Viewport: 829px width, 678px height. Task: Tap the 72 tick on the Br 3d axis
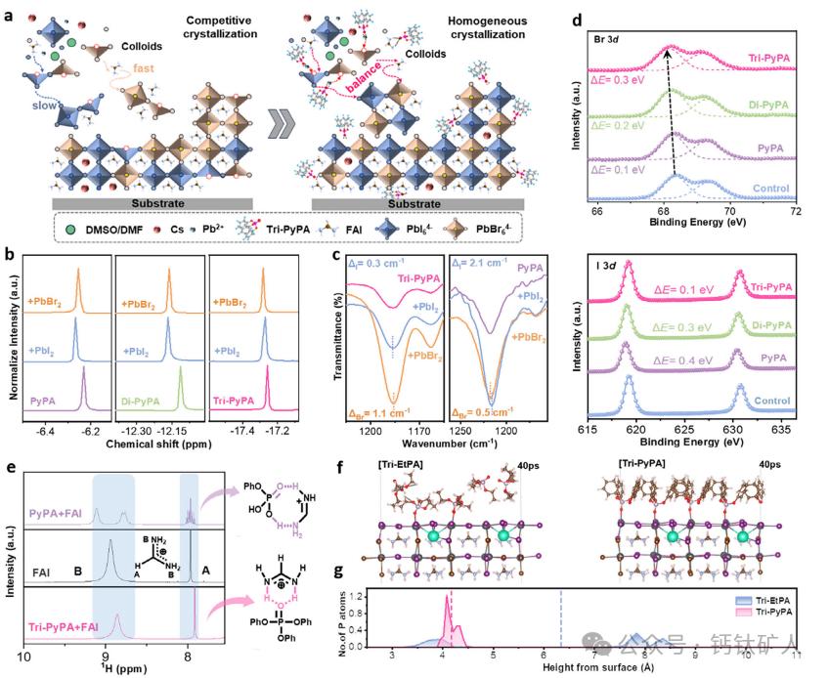pyautogui.click(x=797, y=211)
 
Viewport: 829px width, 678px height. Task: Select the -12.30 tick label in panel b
pyautogui.click(x=135, y=430)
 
